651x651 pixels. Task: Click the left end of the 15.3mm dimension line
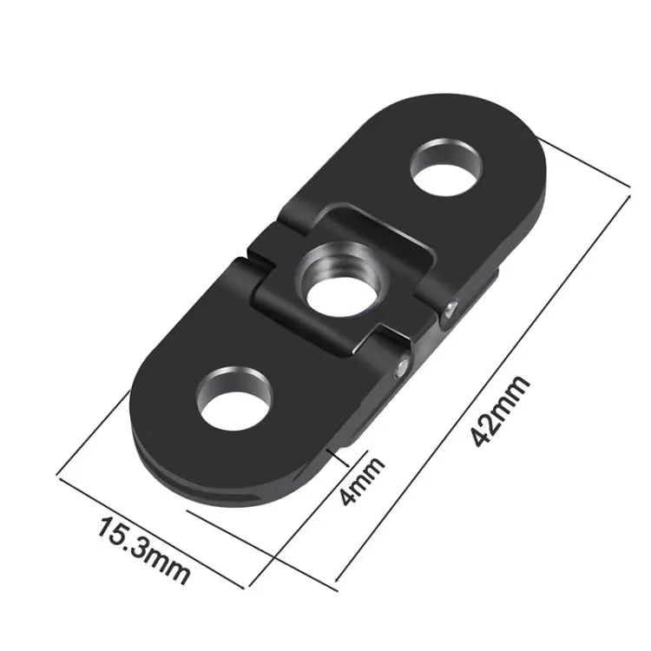[x=58, y=474]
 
